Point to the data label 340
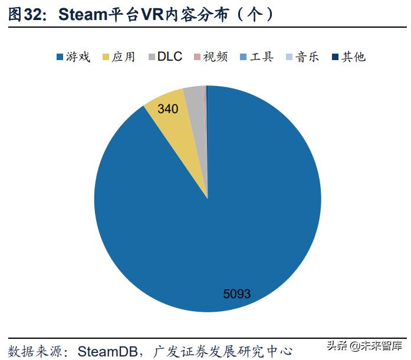pyautogui.click(x=169, y=109)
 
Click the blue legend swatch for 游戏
pyautogui.click(x=60, y=57)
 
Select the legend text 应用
pyautogui.click(x=123, y=57)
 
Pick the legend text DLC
pyautogui.click(x=170, y=57)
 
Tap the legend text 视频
pyautogui.click(x=215, y=57)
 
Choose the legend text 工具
pyautogui.click(x=262, y=57)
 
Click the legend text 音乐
pyautogui.click(x=307, y=57)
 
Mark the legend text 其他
pyautogui.click(x=353, y=57)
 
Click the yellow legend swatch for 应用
pyautogui.click(x=106, y=57)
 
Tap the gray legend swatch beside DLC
pyautogui.click(x=152, y=57)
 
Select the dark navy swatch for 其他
pyautogui.click(x=336, y=57)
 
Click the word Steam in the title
pyautogui.click(x=83, y=15)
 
